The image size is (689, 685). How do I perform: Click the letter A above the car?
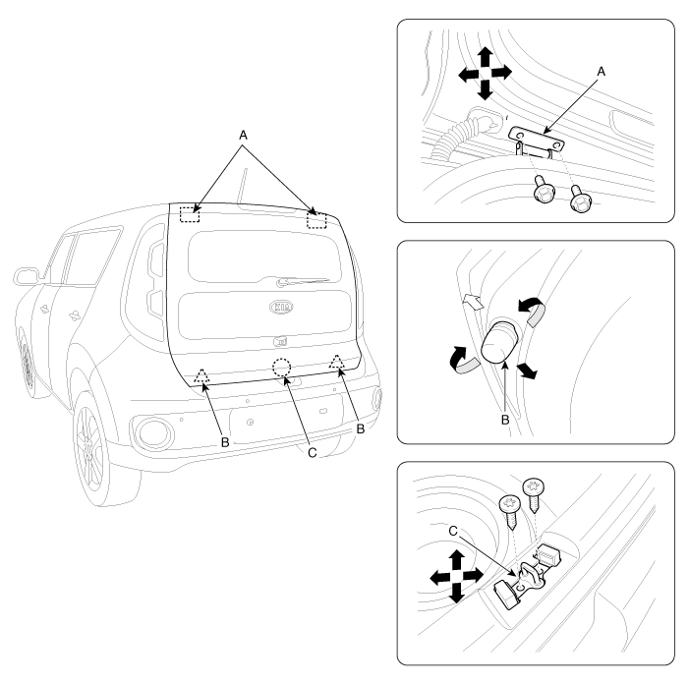coord(243,136)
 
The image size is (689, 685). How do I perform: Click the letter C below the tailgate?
coord(312,452)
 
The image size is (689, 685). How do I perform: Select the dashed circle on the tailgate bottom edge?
coord(281,368)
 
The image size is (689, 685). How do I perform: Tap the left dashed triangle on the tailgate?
coord(201,376)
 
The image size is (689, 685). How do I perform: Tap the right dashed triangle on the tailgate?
coord(337,362)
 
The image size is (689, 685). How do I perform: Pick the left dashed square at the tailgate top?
coord(190,214)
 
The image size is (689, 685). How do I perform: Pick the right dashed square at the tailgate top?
coord(316,220)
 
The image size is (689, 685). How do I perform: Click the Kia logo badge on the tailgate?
coord(281,307)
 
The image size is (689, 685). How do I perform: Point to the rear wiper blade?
coord(303,281)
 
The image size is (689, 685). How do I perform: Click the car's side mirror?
coord(27,276)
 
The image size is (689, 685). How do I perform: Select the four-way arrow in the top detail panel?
coord(485,74)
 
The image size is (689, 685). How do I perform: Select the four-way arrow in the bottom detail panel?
coord(457,576)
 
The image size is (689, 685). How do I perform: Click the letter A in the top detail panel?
coord(602,71)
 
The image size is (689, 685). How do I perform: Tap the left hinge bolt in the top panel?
coord(544,190)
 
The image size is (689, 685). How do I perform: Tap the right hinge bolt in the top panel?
coord(580,200)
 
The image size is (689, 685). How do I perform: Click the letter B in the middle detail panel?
coord(505,420)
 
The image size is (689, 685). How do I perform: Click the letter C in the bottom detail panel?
coord(453,532)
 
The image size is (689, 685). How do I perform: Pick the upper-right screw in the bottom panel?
coord(534,494)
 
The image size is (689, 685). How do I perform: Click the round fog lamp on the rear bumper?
coord(151,433)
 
